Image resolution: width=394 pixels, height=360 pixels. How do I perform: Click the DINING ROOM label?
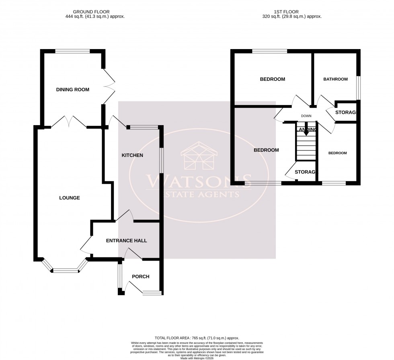[72, 90]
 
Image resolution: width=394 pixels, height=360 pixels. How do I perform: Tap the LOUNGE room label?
[70, 198]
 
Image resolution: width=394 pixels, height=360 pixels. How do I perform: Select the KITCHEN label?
[132, 155]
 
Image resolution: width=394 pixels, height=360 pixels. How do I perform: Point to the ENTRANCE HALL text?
[126, 241]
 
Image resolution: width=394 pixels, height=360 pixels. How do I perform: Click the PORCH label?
[140, 276]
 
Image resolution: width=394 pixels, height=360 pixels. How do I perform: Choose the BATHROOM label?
[335, 79]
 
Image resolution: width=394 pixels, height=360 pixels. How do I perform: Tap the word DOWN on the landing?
[306, 115]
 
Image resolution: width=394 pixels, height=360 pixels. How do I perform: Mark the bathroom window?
[359, 87]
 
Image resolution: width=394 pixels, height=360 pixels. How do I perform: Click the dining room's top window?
[72, 51]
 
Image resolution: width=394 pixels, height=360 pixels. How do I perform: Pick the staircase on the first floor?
[306, 147]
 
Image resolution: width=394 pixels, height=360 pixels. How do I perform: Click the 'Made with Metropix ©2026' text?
[197, 358]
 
